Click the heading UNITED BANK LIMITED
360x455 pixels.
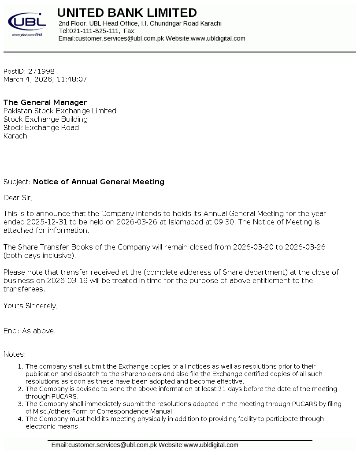coord(127,13)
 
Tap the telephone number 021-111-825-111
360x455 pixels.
coord(94,31)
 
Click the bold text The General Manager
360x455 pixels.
coord(45,103)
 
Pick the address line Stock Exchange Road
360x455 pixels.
coord(41,128)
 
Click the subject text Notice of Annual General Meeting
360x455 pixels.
coord(99,182)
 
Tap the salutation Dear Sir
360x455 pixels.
coord(18,198)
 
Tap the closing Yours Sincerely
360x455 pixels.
coord(30,306)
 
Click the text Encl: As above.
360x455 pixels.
coord(30,331)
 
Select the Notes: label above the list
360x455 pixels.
coord(15,354)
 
